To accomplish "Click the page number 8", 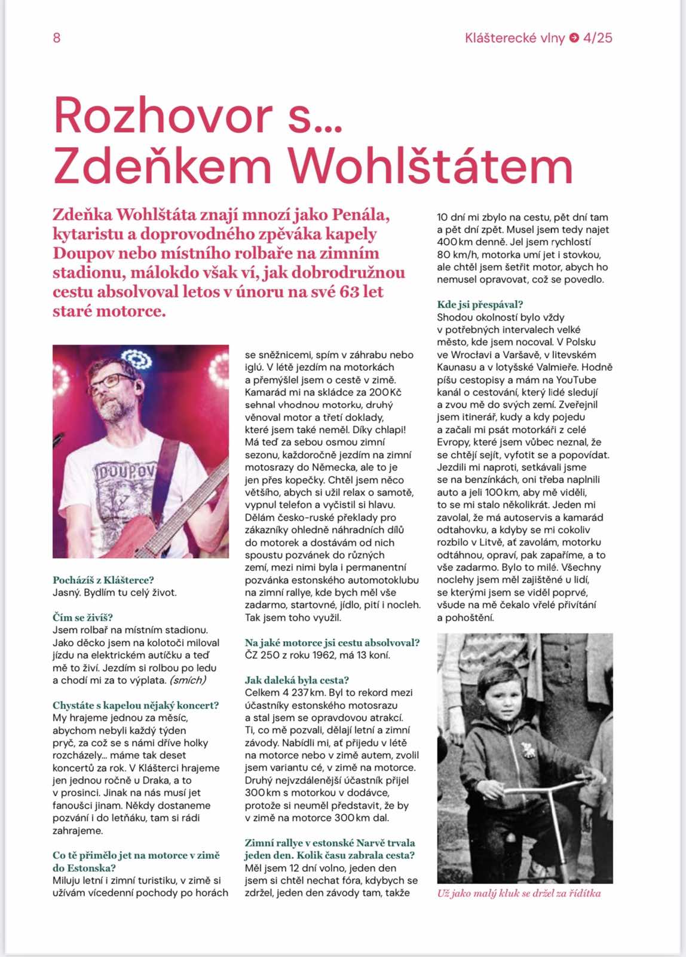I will point(57,38).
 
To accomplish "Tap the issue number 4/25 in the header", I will point(598,38).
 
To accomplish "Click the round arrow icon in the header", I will point(574,38).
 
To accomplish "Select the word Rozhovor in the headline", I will point(163,115).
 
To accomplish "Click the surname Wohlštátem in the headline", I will point(430,165).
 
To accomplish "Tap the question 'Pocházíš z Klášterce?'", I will point(103,580).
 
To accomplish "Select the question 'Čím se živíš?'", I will point(82,617).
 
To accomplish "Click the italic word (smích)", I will point(188,680).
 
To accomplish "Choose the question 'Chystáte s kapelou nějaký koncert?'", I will point(136,705).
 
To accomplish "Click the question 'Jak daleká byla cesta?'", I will point(296,680).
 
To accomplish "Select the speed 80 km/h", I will point(456,255).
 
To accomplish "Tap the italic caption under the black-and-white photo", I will point(519,894).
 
